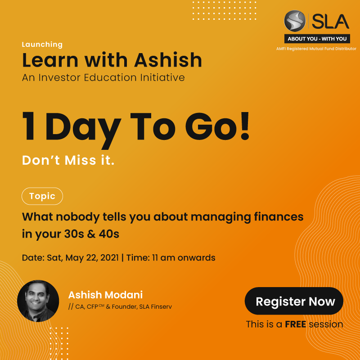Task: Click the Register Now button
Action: tap(294, 301)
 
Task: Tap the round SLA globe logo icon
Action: tap(295, 21)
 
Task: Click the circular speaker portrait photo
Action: tap(38, 301)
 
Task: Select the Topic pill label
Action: tap(42, 196)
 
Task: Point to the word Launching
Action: tap(42, 44)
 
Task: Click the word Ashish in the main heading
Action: tap(168, 60)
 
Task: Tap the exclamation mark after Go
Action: tap(245, 126)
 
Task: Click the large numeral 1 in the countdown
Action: tap(29, 126)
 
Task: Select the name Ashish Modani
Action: tap(105, 295)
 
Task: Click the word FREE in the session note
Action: tap(296, 324)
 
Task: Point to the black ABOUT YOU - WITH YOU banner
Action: tap(317, 39)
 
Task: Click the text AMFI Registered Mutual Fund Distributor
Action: tap(316, 49)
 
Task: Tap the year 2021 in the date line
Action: tap(109, 257)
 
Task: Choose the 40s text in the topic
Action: tap(109, 234)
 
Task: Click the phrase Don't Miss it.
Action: tap(68, 160)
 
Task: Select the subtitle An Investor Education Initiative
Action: tap(103, 77)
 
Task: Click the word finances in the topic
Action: tap(279, 217)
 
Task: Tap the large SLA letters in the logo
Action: tap(330, 21)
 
